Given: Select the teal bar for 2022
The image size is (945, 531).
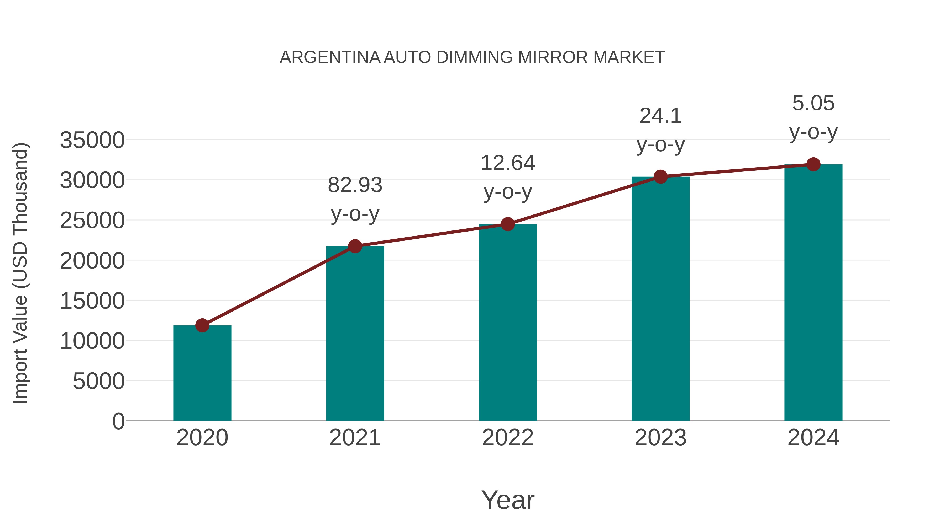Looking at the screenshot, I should [508, 323].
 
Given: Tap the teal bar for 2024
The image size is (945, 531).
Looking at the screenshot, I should [813, 293].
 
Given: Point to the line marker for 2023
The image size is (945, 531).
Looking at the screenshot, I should [660, 177].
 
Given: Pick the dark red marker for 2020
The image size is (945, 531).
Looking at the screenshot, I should [202, 325].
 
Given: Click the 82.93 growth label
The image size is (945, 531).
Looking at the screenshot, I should [355, 185].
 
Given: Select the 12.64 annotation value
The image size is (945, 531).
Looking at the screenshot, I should [508, 163].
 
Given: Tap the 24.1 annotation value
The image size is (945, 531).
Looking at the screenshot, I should [660, 116].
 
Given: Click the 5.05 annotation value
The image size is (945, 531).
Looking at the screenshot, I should [813, 103].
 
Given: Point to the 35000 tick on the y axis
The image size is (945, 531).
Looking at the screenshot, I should [92, 140].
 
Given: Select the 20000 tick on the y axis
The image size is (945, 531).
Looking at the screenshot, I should [92, 261].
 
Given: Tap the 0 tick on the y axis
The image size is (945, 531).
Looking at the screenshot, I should [118, 421].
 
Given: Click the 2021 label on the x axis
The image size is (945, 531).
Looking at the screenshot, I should [355, 438].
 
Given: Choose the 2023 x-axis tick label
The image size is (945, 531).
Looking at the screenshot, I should [660, 438].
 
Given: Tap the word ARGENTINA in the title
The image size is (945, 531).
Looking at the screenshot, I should [330, 57].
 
